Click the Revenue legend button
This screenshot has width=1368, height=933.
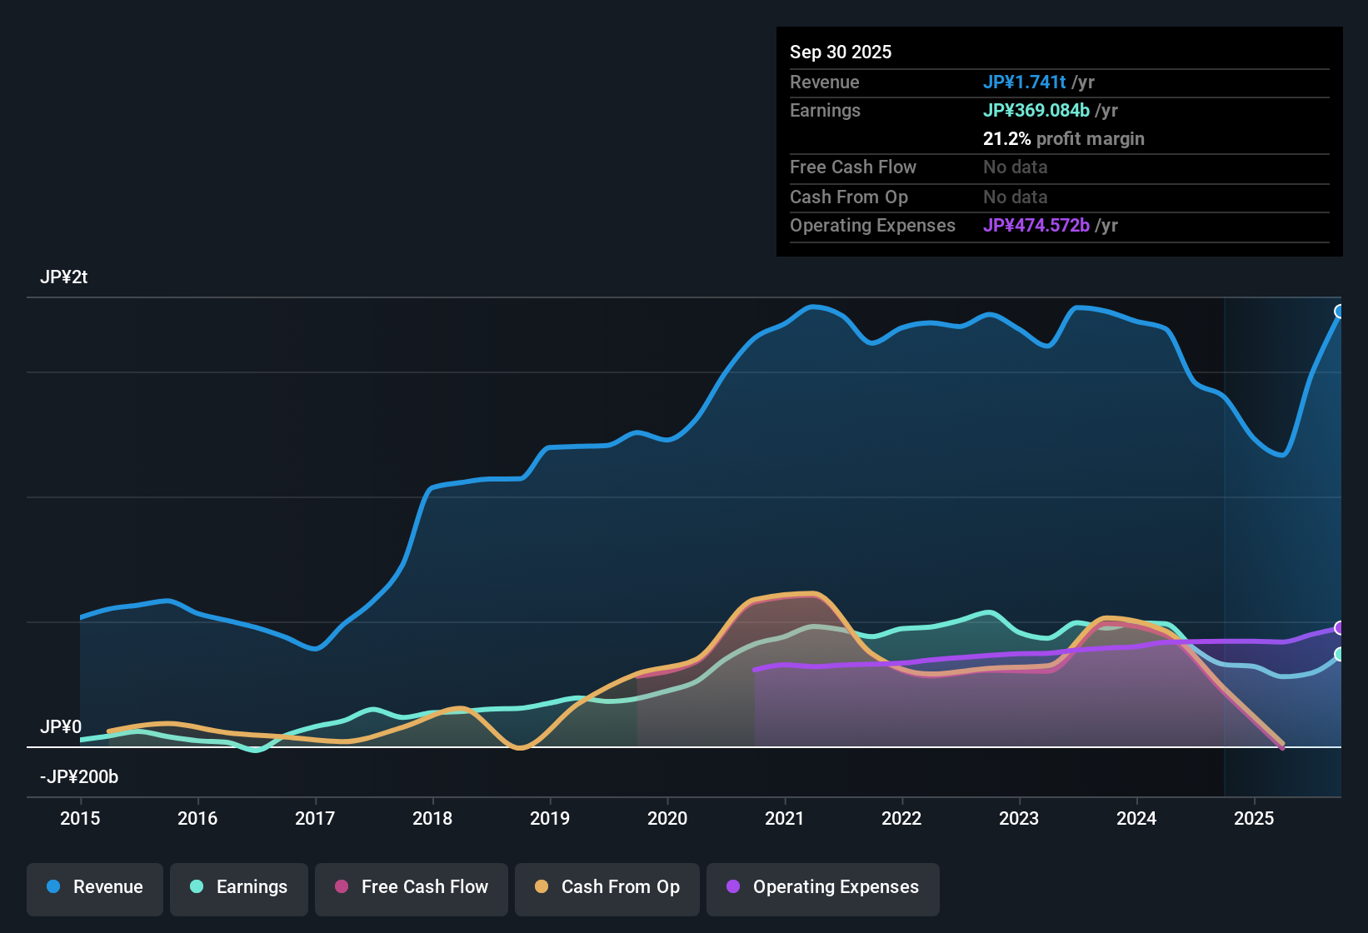pos(95,887)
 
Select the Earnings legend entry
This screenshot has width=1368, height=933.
pos(239,887)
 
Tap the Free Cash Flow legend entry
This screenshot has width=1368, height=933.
pos(412,887)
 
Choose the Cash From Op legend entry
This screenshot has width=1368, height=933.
pos(607,887)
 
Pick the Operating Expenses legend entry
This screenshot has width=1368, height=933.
pos(823,887)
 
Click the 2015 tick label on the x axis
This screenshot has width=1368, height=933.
pos(80,818)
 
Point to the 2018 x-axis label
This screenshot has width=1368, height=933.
pos(432,818)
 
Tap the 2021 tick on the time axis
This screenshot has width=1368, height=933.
pos(785,818)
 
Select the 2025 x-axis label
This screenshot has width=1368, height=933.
pos(1254,818)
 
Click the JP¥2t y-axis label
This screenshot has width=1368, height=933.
pos(64,277)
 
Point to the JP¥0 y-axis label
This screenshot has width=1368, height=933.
pos(61,726)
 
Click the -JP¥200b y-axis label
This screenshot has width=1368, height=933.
pos(79,777)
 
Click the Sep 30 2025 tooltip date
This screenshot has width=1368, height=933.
pos(841,52)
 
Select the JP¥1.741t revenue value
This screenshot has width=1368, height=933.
pos(1025,82)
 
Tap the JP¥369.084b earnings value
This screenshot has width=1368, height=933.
pos(1036,110)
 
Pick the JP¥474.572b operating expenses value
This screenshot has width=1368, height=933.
pos(1036,225)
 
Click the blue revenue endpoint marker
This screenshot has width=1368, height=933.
pos(1340,312)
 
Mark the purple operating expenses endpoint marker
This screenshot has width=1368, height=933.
pos(1340,627)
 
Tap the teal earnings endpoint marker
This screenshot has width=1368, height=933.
pos(1340,654)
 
